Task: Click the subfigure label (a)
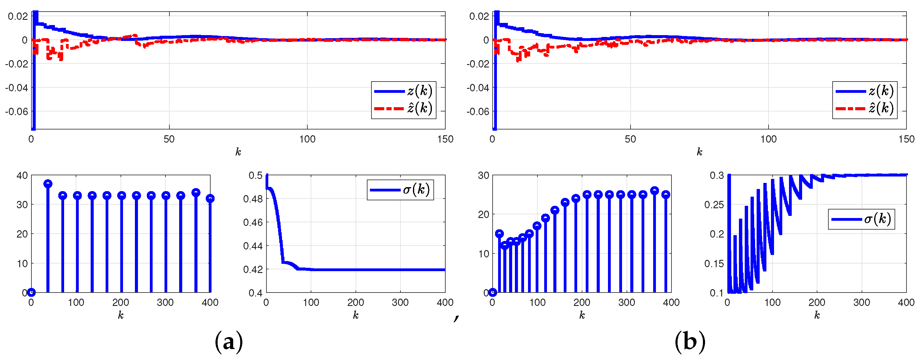(228, 342)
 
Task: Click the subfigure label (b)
(689, 342)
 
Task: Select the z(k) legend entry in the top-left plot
(403, 91)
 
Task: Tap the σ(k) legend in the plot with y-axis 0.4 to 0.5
(400, 190)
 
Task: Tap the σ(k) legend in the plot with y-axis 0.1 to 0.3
(861, 219)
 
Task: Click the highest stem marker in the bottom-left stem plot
(48, 184)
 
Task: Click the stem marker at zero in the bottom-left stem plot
(31, 293)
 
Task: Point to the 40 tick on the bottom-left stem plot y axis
(22, 175)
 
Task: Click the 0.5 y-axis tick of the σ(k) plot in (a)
(255, 175)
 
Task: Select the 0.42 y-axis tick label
(253, 269)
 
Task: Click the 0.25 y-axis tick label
(714, 205)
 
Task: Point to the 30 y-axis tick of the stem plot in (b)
(483, 175)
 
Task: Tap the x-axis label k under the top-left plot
(238, 152)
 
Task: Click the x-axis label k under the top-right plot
(699, 152)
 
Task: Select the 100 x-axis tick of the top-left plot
(307, 139)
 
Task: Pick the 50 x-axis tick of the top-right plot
(630, 139)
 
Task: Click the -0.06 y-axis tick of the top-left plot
(16, 111)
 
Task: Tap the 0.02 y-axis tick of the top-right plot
(479, 16)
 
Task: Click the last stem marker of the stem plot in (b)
(665, 195)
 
